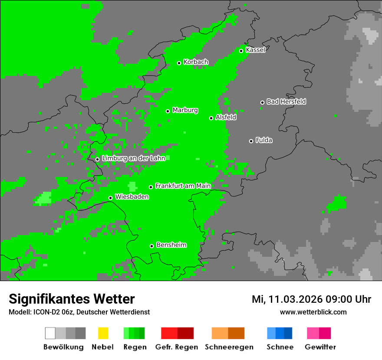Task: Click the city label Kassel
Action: click(255, 50)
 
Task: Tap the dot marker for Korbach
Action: click(179, 63)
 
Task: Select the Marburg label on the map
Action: click(185, 110)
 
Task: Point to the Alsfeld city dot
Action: click(211, 118)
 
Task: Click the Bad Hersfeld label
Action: click(286, 101)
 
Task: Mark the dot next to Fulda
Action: click(251, 141)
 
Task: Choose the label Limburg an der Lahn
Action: click(133, 158)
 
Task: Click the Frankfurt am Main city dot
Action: click(151, 187)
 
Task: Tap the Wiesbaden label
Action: click(132, 197)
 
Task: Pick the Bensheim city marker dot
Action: click(151, 246)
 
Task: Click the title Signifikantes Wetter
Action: click(72, 299)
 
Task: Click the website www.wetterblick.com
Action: click(313, 312)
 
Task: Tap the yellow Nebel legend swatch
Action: click(103, 333)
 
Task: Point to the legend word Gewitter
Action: click(320, 347)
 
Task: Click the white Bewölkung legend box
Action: click(50, 333)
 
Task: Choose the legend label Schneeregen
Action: click(229, 347)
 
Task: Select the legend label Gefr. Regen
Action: click(177, 347)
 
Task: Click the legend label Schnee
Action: click(280, 347)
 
